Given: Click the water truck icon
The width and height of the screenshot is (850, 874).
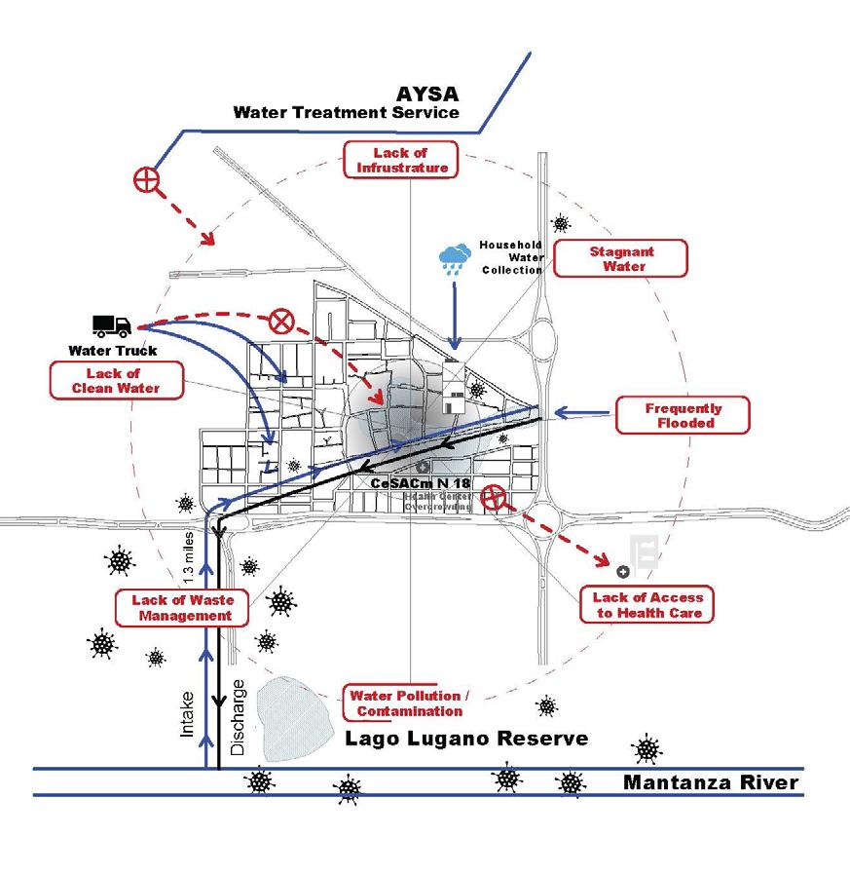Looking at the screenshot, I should pyautogui.click(x=112, y=326).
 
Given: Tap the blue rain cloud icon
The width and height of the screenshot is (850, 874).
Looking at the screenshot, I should pyautogui.click(x=454, y=258).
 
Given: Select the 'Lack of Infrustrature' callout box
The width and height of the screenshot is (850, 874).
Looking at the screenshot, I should pyautogui.click(x=400, y=160).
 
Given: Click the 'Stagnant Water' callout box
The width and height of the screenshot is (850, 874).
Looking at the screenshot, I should pyautogui.click(x=622, y=258).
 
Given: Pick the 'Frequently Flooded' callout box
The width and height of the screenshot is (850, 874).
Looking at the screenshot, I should pyautogui.click(x=683, y=416).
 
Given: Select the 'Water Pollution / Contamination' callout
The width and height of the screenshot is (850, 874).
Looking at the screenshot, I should pyautogui.click(x=410, y=703).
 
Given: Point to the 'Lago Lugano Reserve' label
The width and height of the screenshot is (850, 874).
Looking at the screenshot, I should pyautogui.click(x=467, y=739).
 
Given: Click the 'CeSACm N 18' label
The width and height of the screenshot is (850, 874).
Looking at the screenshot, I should pyautogui.click(x=421, y=483).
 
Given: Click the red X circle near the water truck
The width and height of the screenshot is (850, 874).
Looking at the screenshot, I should pyautogui.click(x=281, y=319).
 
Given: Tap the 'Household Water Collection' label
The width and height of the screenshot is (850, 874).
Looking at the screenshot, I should pyautogui.click(x=510, y=257).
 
